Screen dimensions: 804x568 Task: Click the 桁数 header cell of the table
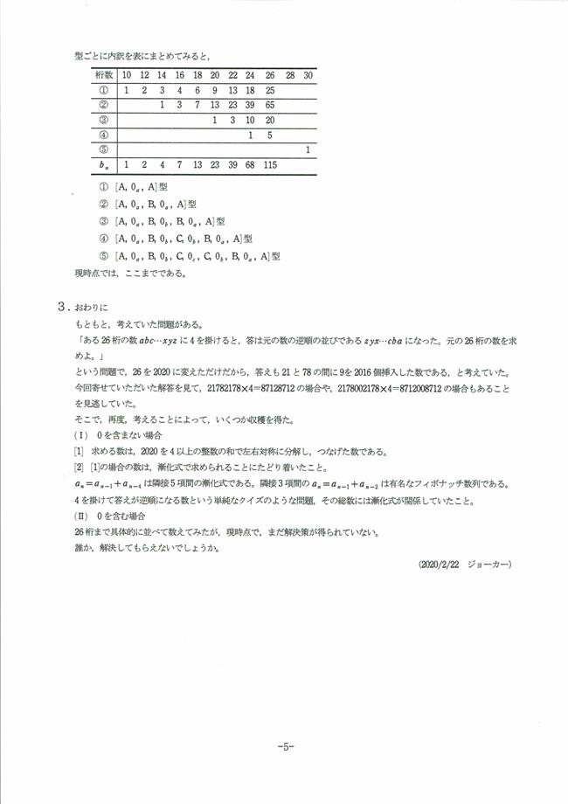click(x=103, y=75)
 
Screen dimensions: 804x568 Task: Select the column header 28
click(x=290, y=75)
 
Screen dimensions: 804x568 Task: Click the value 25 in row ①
click(x=270, y=90)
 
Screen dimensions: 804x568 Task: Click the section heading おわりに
click(x=91, y=308)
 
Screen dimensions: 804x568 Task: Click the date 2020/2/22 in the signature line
click(x=443, y=564)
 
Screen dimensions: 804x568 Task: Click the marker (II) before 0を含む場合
click(x=81, y=516)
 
